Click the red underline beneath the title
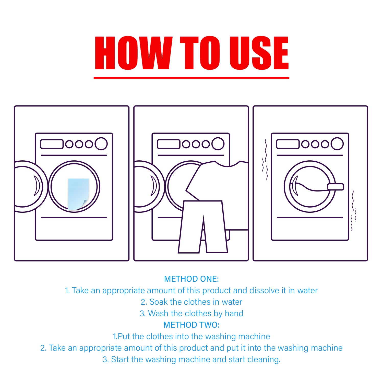(192, 78)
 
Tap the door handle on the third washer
(336, 187)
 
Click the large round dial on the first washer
(101, 144)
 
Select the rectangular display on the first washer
(52, 144)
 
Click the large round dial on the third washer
(337, 144)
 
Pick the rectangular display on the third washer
(288, 144)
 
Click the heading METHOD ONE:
(192, 279)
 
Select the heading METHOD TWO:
(192, 325)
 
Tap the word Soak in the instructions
(159, 302)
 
